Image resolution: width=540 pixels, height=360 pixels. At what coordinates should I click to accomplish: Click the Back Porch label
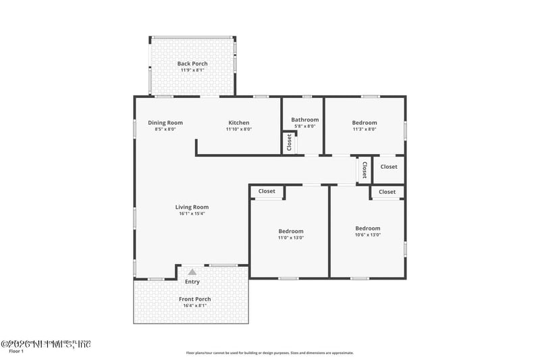coord(192,63)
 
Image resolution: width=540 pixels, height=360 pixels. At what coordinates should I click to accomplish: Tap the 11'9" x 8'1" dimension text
coord(192,70)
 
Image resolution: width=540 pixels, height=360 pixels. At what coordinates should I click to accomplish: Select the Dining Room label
coord(165,123)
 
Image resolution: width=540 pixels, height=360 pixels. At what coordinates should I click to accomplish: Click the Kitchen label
coord(238,123)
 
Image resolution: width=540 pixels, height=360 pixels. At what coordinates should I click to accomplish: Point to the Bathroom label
coord(305,120)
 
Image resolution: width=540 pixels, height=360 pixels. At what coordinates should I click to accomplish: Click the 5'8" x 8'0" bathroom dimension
coord(305,126)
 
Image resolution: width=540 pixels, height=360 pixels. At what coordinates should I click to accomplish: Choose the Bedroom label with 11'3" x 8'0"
coord(364,123)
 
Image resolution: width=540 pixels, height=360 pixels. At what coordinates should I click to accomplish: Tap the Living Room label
coord(192,207)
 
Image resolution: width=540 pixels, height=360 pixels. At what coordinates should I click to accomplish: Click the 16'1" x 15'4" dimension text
coord(192,214)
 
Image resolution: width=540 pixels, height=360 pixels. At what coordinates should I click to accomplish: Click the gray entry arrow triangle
coord(192,272)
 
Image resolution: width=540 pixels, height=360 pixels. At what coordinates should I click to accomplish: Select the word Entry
coord(192,282)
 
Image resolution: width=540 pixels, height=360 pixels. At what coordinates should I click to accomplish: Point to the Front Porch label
coord(194,299)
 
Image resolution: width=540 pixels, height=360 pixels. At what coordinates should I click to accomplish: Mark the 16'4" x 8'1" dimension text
coord(194,306)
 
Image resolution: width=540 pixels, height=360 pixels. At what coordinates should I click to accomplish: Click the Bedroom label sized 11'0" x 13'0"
coord(291,231)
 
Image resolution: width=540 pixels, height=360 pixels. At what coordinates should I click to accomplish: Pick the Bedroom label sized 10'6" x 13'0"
coord(368,228)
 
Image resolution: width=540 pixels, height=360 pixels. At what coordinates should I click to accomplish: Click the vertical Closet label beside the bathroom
coord(290,143)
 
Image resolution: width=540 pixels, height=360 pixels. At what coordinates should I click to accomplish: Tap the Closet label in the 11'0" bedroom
coord(267,191)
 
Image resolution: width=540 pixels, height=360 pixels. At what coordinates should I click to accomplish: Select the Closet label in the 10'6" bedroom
coord(387,192)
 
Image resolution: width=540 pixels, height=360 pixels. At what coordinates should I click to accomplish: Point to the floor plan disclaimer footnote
coord(269,353)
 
